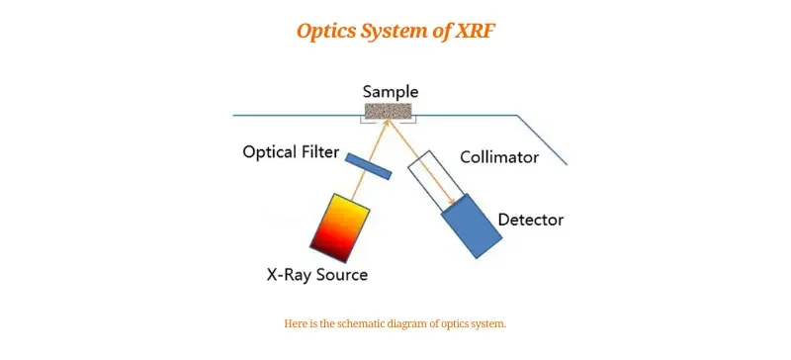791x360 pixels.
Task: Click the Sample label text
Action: [391, 92]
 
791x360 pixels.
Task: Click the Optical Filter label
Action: [291, 153]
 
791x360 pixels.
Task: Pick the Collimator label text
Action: [498, 157]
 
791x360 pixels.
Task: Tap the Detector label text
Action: [530, 220]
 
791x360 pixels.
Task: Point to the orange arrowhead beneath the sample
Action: [389, 123]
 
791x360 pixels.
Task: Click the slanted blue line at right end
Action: [543, 139]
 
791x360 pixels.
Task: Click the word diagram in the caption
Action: [418, 324]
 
